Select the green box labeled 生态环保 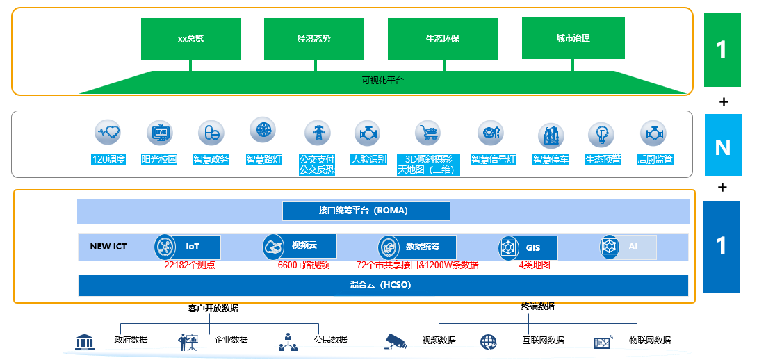442,39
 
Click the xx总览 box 190,39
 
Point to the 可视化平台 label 382,81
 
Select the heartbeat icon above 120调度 108,131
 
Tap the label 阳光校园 159,160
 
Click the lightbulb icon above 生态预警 601,133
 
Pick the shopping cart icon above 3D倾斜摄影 428,132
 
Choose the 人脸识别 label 368,160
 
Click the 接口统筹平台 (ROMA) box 366,211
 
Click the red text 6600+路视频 303,265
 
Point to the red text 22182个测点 189,265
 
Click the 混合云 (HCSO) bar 382,285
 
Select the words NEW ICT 108,247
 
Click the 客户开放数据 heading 218,309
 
